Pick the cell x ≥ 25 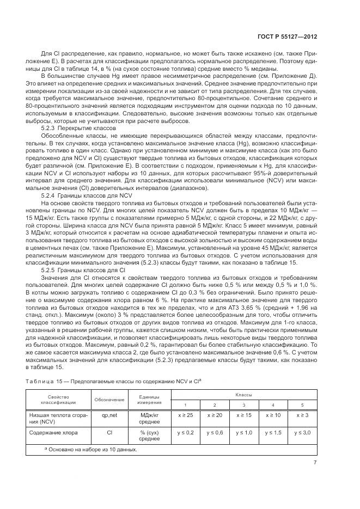(185, 415)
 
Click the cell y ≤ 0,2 (185, 433)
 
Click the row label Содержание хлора (53, 433)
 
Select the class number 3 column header (243, 406)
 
